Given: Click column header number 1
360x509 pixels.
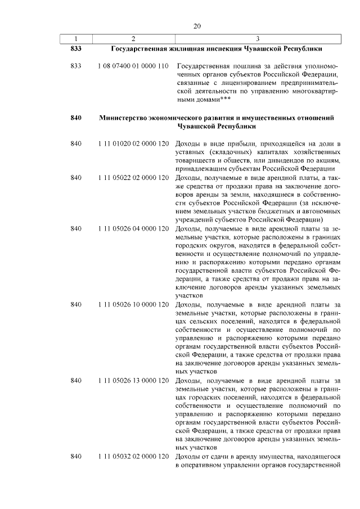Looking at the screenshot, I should tap(76, 38).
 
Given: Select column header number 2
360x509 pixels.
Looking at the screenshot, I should tap(133, 38).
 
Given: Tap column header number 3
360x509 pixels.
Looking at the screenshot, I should tap(257, 38).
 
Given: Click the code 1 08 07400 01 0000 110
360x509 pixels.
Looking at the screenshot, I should tap(133, 66).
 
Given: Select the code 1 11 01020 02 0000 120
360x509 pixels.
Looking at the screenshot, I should tap(133, 145).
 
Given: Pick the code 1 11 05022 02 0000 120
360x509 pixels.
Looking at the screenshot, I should tap(133, 178).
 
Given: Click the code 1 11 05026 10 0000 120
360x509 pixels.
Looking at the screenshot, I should tap(133, 305).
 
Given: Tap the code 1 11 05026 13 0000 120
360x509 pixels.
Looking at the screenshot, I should tap(133, 381).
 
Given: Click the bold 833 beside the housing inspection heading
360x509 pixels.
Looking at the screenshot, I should tap(76, 49).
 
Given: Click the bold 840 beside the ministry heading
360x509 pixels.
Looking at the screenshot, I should tap(76, 118).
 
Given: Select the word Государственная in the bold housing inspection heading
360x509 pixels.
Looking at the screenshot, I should tap(139, 49).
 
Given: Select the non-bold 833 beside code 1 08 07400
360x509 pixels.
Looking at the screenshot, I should tap(76, 66).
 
